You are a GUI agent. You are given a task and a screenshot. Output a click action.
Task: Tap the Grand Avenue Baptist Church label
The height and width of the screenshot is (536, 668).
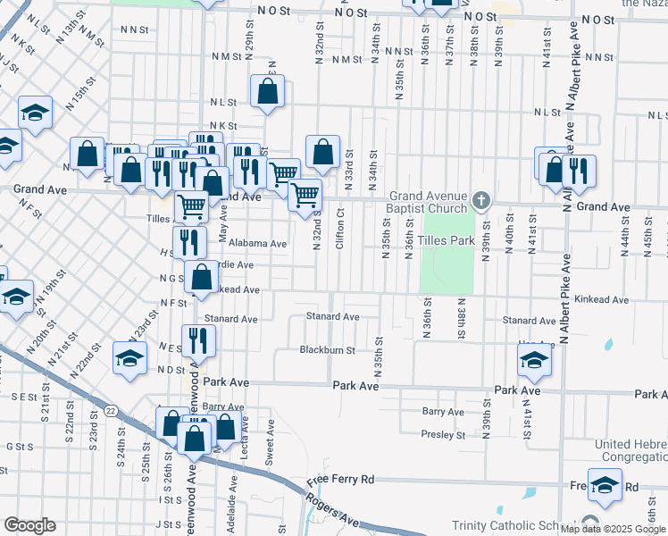pos(427,203)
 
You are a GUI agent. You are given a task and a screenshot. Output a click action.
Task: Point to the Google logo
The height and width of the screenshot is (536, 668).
pos(29,525)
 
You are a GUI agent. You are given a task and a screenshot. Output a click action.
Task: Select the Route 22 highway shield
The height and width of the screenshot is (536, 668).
pos(110,410)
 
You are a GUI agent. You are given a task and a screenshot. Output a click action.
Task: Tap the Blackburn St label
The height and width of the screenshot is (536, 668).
pos(328,350)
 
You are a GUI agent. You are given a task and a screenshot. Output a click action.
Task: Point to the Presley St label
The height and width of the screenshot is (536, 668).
pos(444,436)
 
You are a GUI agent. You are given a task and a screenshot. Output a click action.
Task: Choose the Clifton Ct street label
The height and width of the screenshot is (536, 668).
pos(340,229)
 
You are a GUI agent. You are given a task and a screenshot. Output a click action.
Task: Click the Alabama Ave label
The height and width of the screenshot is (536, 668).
pos(257,243)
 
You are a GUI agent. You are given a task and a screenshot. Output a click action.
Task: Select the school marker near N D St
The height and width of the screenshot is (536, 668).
pos(130,358)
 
